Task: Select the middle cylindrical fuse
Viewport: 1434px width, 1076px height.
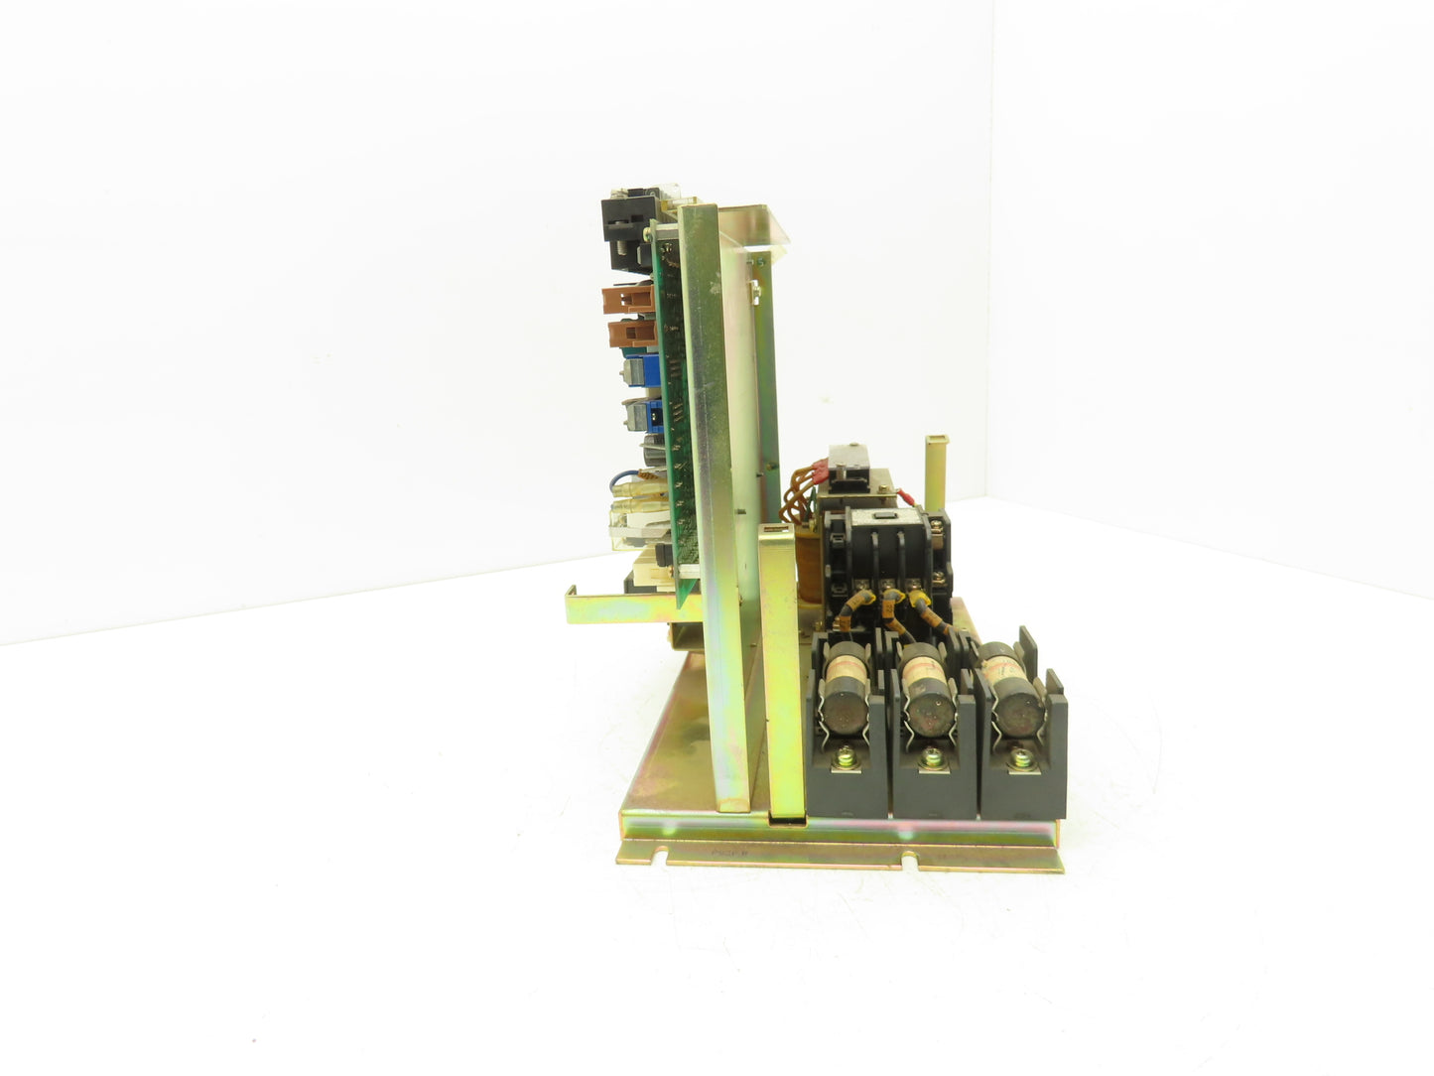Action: tap(927, 707)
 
